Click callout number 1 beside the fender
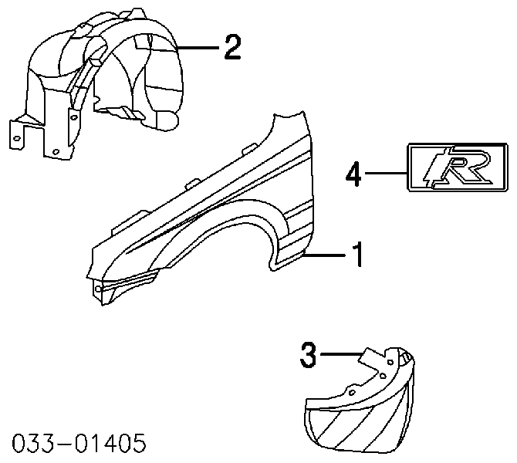(x=357, y=254)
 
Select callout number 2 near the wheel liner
(x=232, y=48)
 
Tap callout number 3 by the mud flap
(x=308, y=355)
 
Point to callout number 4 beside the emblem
(x=353, y=174)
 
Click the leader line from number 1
(x=325, y=255)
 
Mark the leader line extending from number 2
(x=198, y=48)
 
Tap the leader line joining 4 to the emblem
(x=386, y=173)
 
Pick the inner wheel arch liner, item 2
(x=96, y=83)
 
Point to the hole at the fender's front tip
(x=98, y=289)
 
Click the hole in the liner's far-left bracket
(x=17, y=138)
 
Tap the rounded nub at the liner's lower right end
(x=167, y=121)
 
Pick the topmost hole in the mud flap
(x=390, y=362)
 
